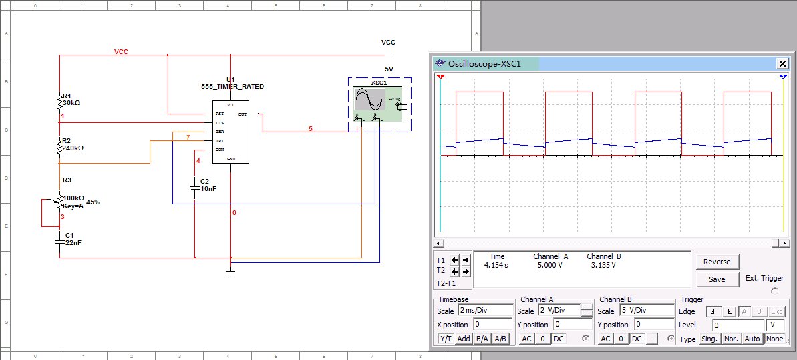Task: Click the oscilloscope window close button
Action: [782, 63]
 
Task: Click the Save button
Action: [717, 279]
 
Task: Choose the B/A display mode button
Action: [482, 339]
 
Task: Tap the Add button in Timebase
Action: [464, 339]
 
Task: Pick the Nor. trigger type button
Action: [731, 339]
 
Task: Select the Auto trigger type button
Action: [752, 339]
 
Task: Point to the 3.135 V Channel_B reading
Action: [603, 265]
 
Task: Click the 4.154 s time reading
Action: [496, 265]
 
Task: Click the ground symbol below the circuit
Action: [230, 271]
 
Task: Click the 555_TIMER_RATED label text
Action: [232, 87]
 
